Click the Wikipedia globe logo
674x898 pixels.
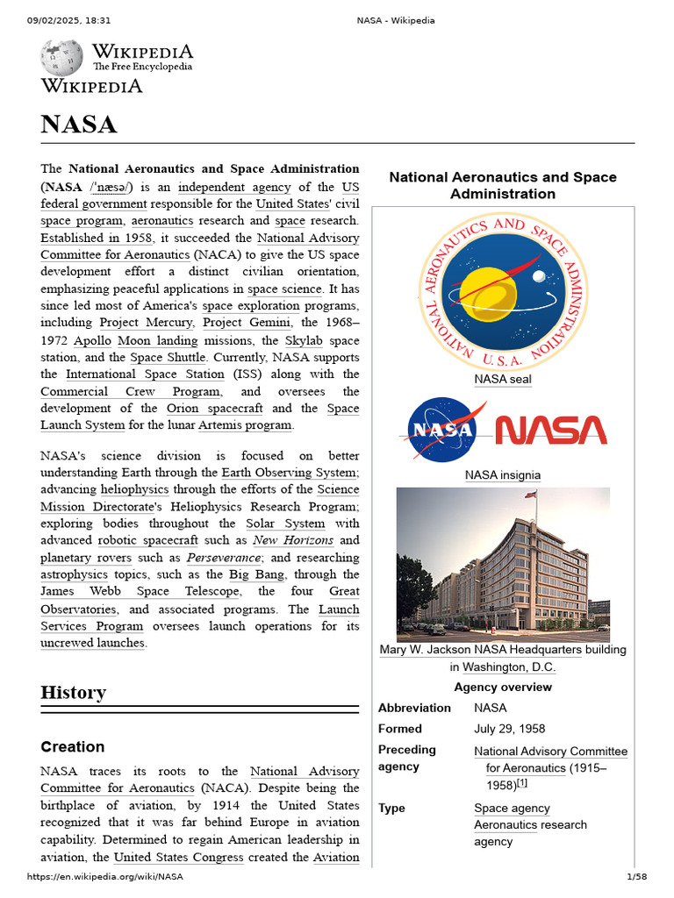click(61, 57)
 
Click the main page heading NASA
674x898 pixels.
click(79, 124)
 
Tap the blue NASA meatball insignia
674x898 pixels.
click(442, 430)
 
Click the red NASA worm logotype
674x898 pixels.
click(551, 430)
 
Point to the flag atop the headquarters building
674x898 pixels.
click(530, 495)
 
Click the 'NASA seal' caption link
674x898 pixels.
click(503, 379)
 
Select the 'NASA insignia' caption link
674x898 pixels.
click(503, 475)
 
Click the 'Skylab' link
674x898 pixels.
click(306, 340)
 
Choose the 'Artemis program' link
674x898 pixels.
click(245, 425)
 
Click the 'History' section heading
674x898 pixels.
click(74, 693)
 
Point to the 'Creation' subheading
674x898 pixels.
click(73, 747)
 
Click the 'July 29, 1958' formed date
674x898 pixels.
click(510, 729)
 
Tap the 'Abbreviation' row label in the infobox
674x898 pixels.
click(414, 708)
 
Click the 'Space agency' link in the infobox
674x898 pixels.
click(513, 809)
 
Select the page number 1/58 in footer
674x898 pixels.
click(635, 877)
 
